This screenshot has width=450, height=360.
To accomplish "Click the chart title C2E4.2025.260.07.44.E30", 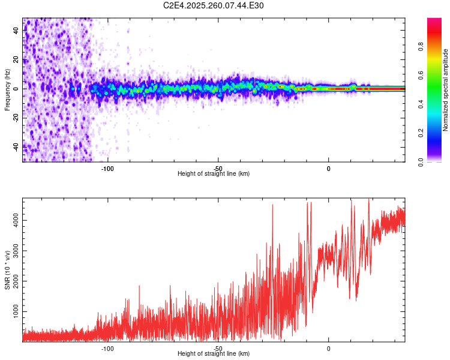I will (214, 6).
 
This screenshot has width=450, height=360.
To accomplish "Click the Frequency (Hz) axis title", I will (7, 90).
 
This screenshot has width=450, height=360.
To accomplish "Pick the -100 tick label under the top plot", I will (107, 168).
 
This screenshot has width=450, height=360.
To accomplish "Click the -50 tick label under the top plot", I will (218, 168).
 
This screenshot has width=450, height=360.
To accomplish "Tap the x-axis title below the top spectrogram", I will (214, 174).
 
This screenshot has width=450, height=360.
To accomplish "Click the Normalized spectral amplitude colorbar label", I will (446, 90).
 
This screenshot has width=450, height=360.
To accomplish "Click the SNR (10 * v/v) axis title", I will (7, 270).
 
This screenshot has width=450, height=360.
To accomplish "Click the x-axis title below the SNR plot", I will (214, 354).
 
